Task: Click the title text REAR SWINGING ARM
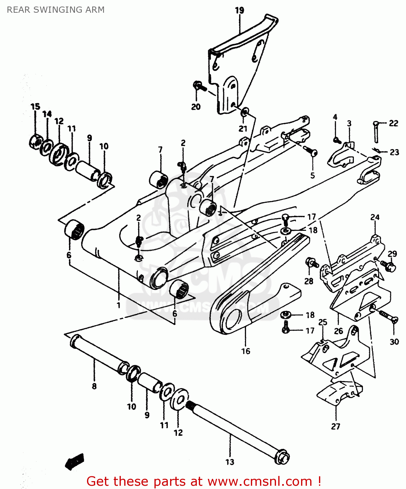click(56, 10)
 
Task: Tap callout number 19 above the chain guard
click(239, 10)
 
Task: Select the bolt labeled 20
click(199, 86)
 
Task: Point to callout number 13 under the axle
click(230, 462)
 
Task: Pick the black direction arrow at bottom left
click(75, 461)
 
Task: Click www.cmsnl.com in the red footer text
click(260, 481)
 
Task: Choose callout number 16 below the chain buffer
click(246, 351)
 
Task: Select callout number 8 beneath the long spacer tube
click(94, 386)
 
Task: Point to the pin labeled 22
click(376, 132)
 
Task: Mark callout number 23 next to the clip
click(394, 152)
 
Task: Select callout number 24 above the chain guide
click(375, 217)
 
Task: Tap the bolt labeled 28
click(311, 262)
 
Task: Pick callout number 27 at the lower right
click(336, 426)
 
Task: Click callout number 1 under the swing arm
click(119, 305)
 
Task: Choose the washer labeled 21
click(245, 112)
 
